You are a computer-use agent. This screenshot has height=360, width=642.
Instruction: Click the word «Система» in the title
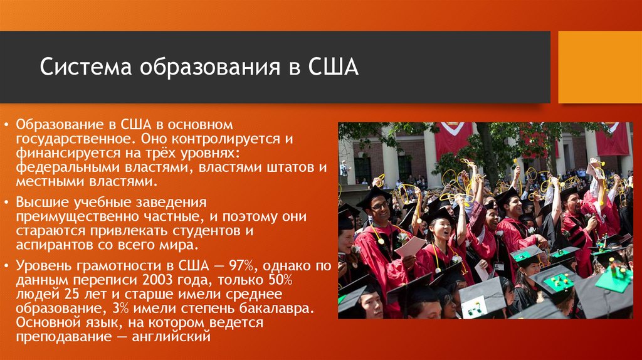[x=85, y=66]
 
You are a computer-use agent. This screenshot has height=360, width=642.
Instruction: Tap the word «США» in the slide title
[x=333, y=66]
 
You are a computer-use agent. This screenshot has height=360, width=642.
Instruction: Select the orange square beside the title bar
[x=600, y=67]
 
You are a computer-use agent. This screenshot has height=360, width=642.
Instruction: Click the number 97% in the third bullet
[x=241, y=266]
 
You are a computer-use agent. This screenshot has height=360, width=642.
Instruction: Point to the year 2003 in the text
[x=158, y=280]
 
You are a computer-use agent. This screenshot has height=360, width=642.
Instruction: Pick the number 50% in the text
[x=280, y=280]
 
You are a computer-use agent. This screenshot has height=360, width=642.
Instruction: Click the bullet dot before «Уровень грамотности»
[x=6, y=266]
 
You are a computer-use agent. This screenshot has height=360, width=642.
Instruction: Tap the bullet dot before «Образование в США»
[x=6, y=125]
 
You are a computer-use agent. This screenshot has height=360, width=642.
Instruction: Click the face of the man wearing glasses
[x=379, y=208]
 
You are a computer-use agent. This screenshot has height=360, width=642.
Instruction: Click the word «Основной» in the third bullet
[x=46, y=323]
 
